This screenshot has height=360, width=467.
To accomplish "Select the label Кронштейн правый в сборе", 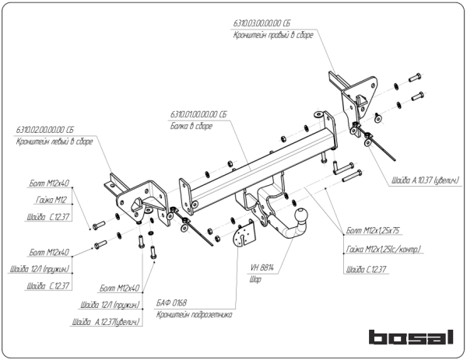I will pyautogui.click(x=273, y=37).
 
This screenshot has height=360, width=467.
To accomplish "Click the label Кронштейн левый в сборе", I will pyautogui.click(x=54, y=142).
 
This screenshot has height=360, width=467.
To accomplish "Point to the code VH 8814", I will pyautogui.click(x=263, y=267).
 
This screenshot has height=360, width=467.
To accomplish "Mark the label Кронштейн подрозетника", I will pyautogui.click(x=195, y=315).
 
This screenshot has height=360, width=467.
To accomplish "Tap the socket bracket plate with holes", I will pyautogui.click(x=246, y=232).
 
